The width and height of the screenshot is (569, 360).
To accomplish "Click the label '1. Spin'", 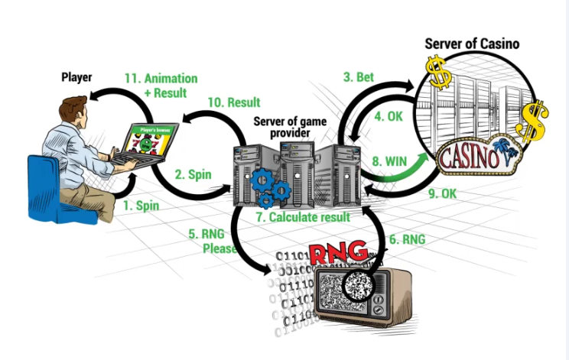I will click(x=141, y=206).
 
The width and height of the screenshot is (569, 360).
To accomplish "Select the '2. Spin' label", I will click(x=193, y=174).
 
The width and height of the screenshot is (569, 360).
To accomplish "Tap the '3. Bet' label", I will click(x=358, y=76).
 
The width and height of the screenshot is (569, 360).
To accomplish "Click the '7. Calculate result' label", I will click(x=303, y=217).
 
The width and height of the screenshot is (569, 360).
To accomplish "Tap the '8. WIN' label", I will click(x=390, y=161).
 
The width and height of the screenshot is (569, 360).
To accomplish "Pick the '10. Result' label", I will click(x=234, y=102).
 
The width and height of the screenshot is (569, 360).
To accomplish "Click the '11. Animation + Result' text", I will click(x=161, y=84).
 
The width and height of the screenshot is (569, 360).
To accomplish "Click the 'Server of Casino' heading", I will click(x=472, y=44).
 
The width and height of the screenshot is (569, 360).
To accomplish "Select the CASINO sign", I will click(x=471, y=157).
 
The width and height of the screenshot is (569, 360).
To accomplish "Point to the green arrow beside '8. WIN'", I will click(x=417, y=160).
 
